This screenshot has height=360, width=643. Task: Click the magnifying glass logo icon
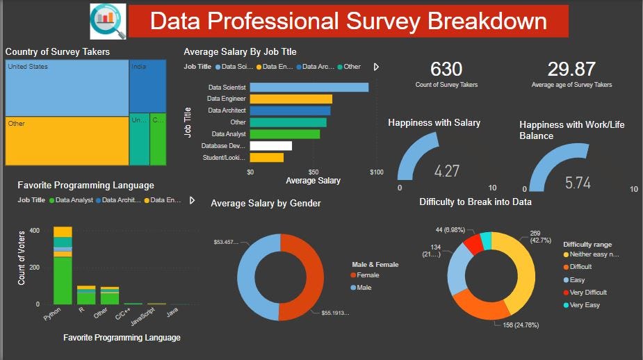108,21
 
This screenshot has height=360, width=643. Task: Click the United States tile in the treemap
67,88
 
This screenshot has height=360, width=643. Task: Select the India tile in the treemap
147,85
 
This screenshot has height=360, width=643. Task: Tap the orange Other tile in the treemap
67,141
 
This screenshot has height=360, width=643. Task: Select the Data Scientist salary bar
309,88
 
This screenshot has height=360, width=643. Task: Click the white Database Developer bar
270,146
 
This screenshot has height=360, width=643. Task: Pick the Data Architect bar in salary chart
290,111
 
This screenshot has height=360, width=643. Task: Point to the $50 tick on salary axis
314,172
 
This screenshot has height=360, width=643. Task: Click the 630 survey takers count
446,69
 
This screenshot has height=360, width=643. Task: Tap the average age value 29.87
571,69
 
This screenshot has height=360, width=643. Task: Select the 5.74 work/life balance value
578,183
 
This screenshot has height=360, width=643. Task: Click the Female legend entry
368,275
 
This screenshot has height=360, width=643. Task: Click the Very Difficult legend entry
588,292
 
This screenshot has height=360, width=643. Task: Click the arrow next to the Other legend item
376,67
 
